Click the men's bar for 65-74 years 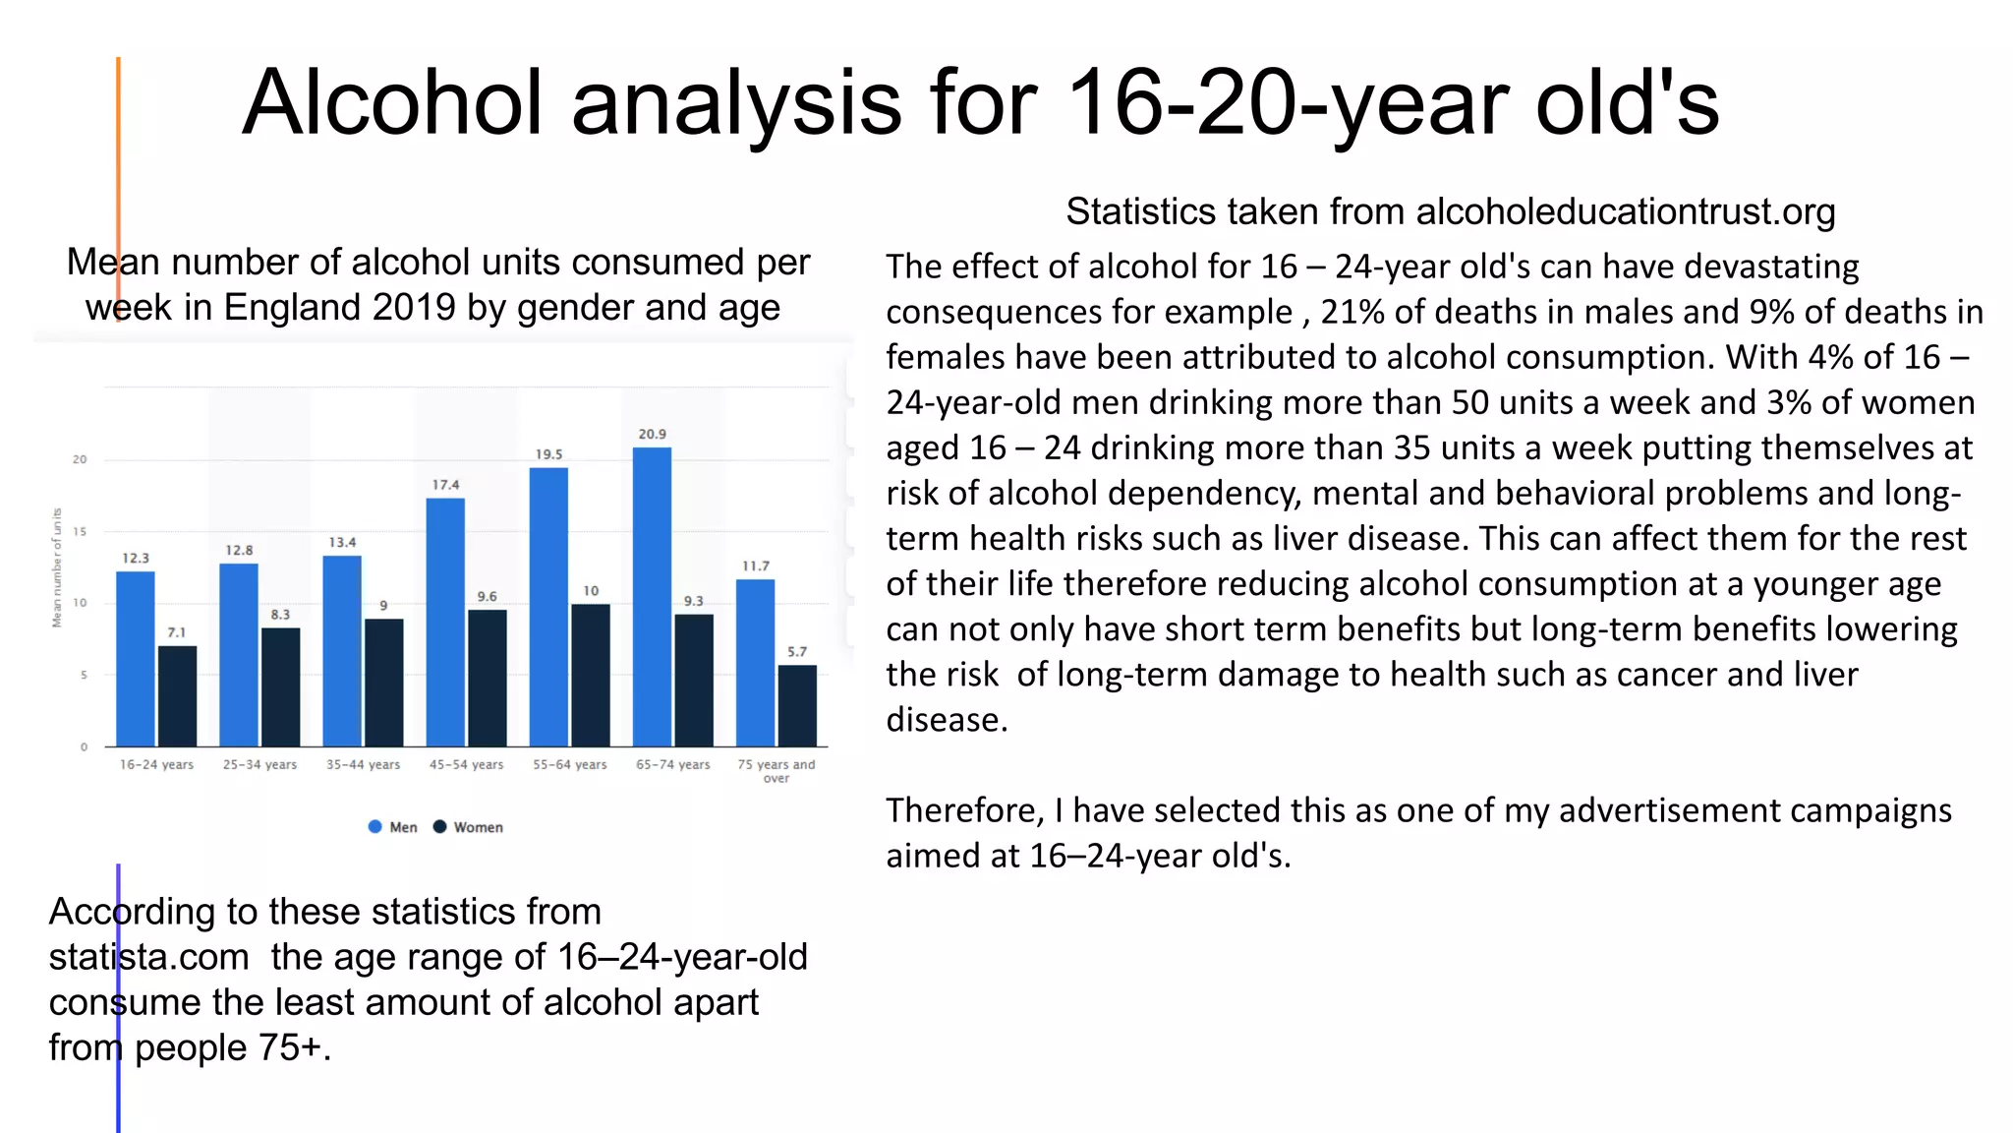pyautogui.click(x=652, y=596)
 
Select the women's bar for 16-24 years pyautogui.click(x=177, y=695)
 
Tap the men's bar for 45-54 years pyautogui.click(x=445, y=622)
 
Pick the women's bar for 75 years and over pyautogui.click(x=797, y=705)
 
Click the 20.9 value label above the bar pyautogui.click(x=652, y=434)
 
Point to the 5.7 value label pyautogui.click(x=797, y=651)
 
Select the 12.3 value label pyautogui.click(x=136, y=558)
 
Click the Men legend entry pyautogui.click(x=393, y=827)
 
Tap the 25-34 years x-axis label pyautogui.click(x=259, y=764)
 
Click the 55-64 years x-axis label pyautogui.click(x=570, y=764)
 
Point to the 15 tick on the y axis pyautogui.click(x=80, y=531)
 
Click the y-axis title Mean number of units pyautogui.click(x=57, y=567)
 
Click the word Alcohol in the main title pyautogui.click(x=392, y=102)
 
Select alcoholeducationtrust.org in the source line pyautogui.click(x=1626, y=211)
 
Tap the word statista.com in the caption pyautogui.click(x=148, y=956)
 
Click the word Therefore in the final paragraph pyautogui.click(x=964, y=810)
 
